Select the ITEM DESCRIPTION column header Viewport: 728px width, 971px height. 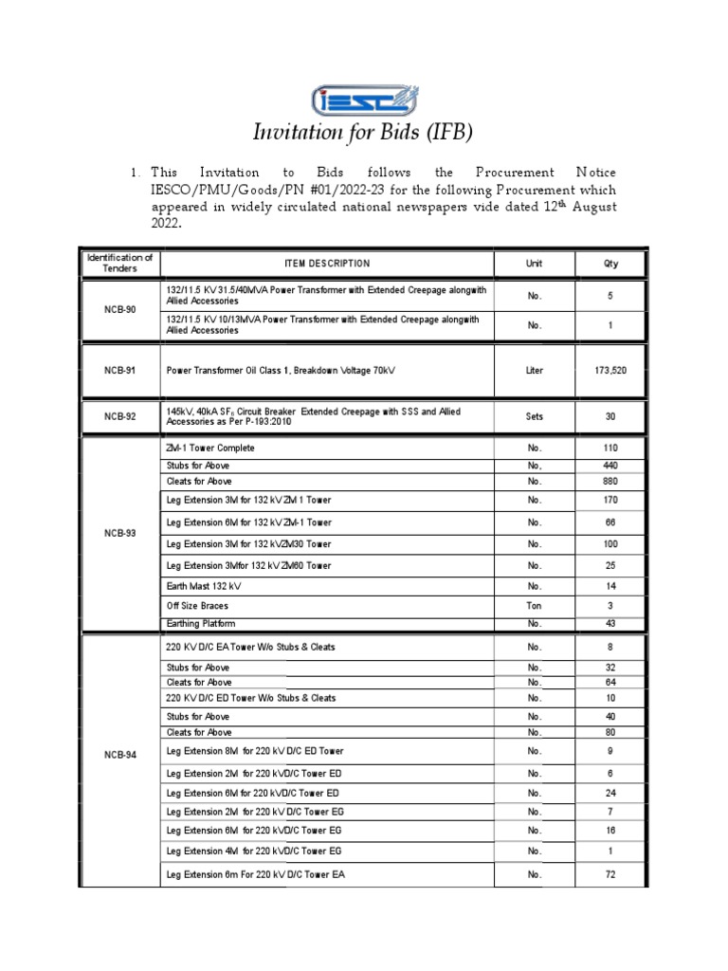326,264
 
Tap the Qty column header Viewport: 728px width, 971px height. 610,264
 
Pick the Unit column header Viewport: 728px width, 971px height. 535,264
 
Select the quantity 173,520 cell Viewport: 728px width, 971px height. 610,371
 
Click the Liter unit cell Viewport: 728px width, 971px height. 535,371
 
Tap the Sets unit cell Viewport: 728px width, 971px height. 535,415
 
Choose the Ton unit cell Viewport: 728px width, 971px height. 535,605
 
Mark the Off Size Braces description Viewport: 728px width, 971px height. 197,605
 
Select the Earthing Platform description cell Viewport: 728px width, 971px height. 201,624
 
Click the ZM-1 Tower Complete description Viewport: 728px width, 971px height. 210,448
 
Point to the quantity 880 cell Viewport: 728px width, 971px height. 610,481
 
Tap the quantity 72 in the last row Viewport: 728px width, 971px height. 610,874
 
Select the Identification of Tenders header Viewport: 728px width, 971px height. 119,263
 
